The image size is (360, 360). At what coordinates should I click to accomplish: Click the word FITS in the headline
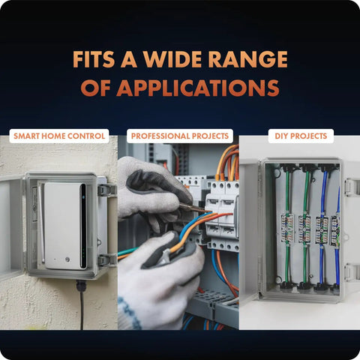coord(94,59)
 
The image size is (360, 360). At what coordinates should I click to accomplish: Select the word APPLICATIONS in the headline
coord(197,88)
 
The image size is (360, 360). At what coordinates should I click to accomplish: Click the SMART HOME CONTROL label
coord(59,136)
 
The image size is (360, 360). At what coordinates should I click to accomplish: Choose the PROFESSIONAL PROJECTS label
coord(180,136)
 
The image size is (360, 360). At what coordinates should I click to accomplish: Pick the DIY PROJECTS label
coord(301,136)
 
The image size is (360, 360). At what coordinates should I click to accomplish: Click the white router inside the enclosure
coord(65,226)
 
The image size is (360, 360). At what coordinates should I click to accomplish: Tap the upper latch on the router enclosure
coord(107,190)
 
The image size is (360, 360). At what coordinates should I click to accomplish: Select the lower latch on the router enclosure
coord(107,260)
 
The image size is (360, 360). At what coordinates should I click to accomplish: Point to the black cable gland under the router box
coord(81,286)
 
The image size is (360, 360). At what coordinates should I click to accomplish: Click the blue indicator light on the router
coord(83,197)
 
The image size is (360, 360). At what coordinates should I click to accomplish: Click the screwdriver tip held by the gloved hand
coord(207,211)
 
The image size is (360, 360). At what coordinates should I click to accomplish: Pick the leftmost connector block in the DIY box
coord(287,229)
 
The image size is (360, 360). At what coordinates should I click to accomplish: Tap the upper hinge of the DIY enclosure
coord(352,187)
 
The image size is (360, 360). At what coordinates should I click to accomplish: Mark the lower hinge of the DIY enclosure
coord(352,272)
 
